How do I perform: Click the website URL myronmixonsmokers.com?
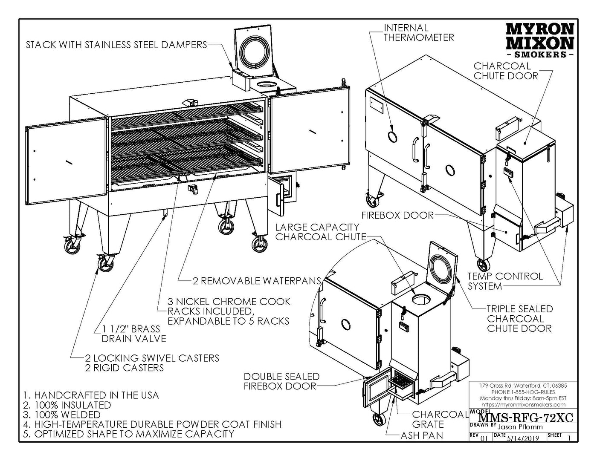click(523, 404)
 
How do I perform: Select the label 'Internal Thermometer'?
click(418, 33)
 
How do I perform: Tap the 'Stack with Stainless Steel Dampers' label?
click(116, 45)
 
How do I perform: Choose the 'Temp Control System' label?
click(505, 281)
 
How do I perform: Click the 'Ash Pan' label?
click(422, 435)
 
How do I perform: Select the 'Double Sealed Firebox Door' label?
click(281, 381)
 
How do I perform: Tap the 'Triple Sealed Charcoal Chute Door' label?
click(519, 318)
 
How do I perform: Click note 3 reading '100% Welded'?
click(62, 415)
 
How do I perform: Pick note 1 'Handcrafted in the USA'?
click(91, 395)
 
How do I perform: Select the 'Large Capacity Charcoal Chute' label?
click(320, 232)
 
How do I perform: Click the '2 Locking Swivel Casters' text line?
click(152, 358)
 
